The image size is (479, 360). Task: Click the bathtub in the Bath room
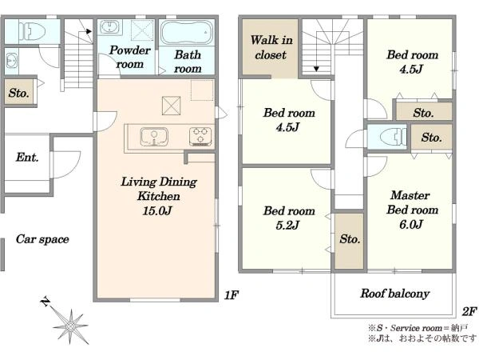187,33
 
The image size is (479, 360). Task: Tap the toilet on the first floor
32,31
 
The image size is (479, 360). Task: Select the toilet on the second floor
394,136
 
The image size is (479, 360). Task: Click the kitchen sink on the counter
154,137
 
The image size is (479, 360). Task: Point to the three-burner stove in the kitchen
200,136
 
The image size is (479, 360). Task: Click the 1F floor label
231,295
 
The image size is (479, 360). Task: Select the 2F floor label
469,312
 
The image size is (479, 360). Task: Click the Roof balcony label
395,294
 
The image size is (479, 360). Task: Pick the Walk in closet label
271,47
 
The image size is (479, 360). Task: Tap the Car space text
42,239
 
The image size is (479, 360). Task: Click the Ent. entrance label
27,158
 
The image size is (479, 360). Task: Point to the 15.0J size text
157,211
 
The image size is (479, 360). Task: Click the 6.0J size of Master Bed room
411,224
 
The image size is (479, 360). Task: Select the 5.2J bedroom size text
287,226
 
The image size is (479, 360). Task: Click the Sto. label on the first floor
19,93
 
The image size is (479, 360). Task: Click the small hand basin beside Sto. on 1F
12,60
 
